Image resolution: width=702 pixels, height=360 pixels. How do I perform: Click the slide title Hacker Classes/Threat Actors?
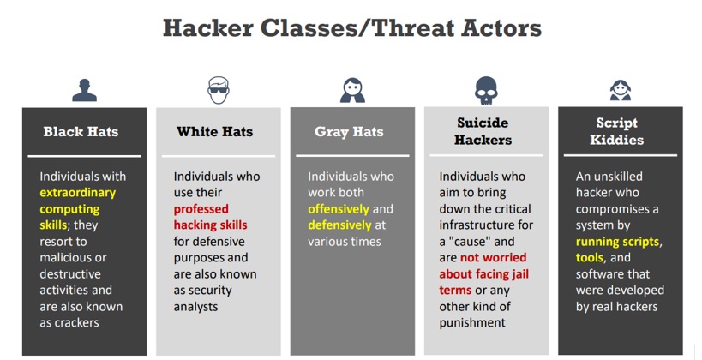coord(352,27)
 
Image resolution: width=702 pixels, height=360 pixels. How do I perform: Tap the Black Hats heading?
coord(81,132)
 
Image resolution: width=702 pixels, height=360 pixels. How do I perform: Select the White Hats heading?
coord(215,132)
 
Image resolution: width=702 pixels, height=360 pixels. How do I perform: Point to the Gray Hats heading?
coord(349,132)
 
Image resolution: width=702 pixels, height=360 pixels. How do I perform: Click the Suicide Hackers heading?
coord(483,131)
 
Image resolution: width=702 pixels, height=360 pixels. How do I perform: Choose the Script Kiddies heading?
coord(617,131)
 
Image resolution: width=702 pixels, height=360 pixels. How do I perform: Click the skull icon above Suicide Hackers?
coord(486,91)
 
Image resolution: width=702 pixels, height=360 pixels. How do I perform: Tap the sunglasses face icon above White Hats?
coord(219,90)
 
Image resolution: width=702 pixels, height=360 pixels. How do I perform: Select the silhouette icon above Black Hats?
coord(85,91)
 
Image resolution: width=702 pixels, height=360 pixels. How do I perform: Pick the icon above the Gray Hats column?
coord(352,91)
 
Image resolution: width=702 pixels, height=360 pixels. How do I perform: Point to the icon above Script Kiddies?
coord(621,91)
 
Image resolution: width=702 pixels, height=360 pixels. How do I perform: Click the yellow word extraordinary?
coord(78,193)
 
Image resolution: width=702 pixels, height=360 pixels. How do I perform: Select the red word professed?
coord(201,209)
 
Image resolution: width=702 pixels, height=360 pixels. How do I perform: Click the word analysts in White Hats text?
coord(195,307)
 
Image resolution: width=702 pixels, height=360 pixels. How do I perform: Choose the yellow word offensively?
coord(339,209)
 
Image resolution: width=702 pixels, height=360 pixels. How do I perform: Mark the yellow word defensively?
coord(339,225)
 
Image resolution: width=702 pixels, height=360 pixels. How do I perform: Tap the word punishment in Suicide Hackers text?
coord(472,323)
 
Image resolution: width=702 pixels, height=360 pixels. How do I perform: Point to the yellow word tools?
coord(590,258)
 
